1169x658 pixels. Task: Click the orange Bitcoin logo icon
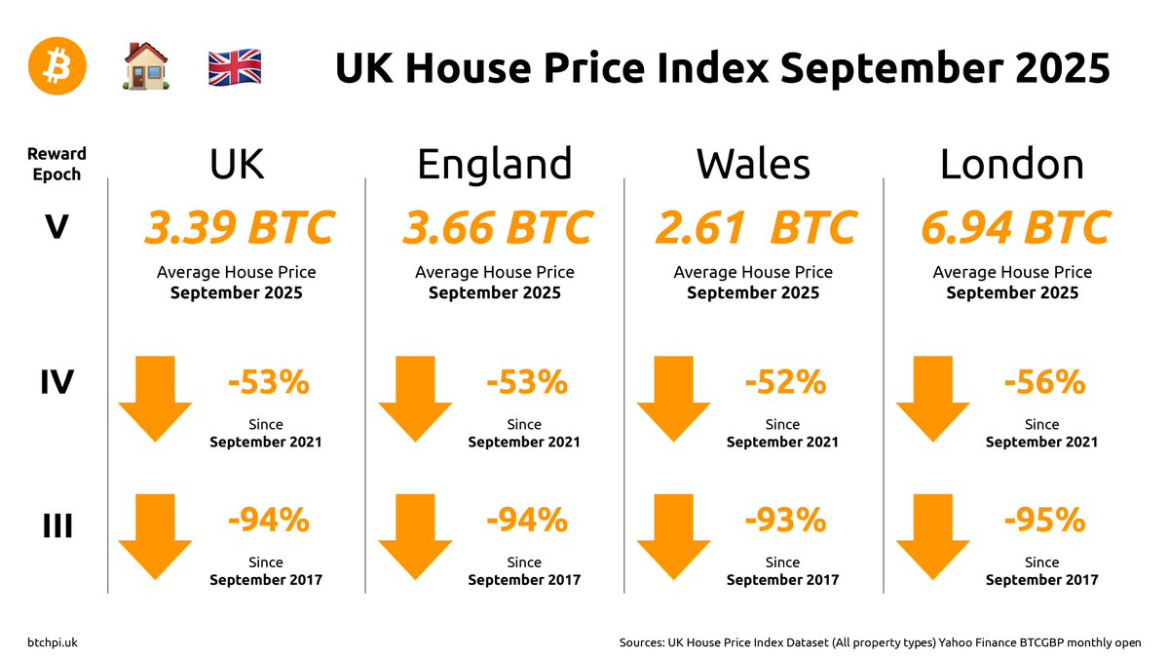tap(57, 67)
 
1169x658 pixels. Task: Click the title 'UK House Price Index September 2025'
tap(722, 69)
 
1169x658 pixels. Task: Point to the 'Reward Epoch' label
tap(57, 164)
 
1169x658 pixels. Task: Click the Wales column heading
tap(753, 165)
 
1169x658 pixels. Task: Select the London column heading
tap(1011, 165)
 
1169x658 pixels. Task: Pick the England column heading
tap(494, 165)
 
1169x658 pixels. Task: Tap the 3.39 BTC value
tap(239, 228)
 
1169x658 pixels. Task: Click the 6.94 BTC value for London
tap(1013, 228)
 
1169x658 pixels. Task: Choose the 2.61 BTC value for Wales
tap(755, 228)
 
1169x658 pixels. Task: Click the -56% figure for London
tap(1044, 383)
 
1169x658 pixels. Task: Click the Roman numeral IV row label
tap(57, 381)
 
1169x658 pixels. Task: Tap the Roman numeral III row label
tap(57, 526)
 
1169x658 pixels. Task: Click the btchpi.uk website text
tap(54, 642)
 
